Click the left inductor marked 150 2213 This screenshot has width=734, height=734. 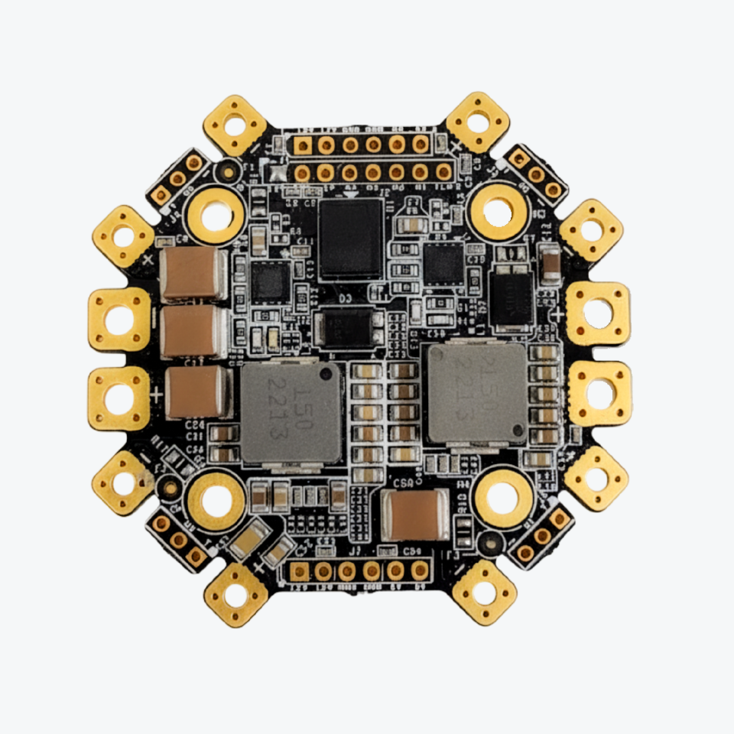click(x=291, y=413)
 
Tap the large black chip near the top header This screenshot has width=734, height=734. click(x=351, y=239)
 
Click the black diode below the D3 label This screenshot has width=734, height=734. click(x=348, y=326)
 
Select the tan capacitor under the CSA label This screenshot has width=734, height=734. click(x=416, y=514)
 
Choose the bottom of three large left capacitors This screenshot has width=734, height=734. click(x=196, y=391)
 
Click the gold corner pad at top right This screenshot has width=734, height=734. click(x=478, y=122)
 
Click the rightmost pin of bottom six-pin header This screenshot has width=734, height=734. click(x=419, y=570)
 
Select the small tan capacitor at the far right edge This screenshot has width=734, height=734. click(x=550, y=264)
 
